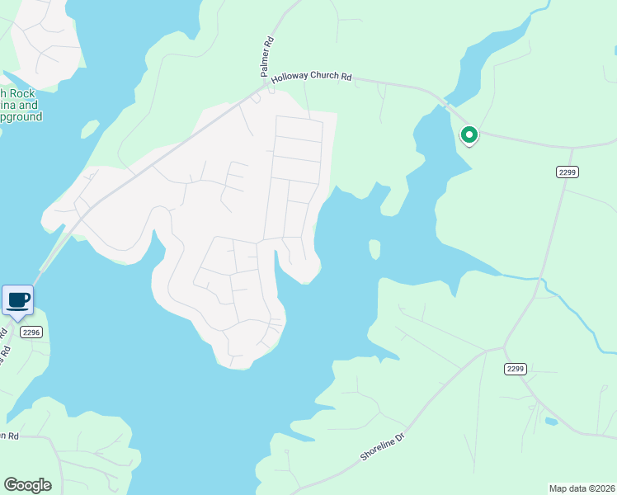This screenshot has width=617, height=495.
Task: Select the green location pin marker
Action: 469,134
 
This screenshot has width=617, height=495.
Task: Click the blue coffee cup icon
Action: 17,299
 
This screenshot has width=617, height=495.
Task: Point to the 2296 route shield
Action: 31,332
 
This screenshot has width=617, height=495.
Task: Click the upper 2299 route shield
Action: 567,172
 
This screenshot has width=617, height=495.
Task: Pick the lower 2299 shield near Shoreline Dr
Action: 516,370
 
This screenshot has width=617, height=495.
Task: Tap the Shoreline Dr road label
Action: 384,444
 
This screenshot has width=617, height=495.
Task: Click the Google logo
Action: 27,485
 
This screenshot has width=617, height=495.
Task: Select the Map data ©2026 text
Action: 582,488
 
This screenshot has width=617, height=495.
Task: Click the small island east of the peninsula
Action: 374,249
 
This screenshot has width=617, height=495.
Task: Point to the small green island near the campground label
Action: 90,130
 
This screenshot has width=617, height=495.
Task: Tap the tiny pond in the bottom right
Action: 551,422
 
